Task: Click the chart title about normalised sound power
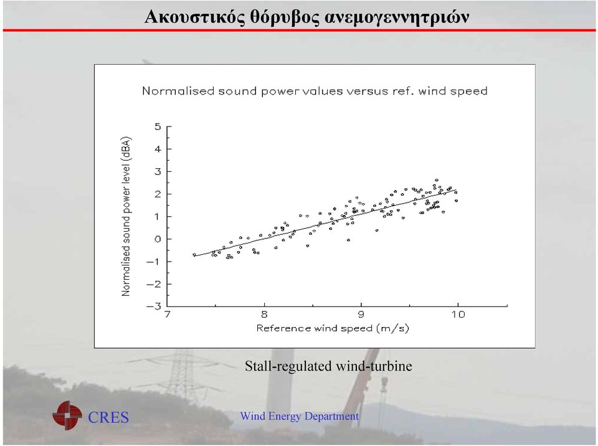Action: pos(315,91)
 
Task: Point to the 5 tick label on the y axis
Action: pos(158,126)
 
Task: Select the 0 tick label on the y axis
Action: pos(158,239)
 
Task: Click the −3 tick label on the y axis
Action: pos(154,306)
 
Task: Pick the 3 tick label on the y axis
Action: pos(158,172)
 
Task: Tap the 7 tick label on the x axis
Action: pos(168,315)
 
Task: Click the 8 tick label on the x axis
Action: pos(264,315)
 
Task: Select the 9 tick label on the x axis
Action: pos(361,315)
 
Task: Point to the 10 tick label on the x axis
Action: pos(458,315)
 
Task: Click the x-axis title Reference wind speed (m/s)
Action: pos(333,328)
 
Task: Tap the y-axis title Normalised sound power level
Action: pos(126,216)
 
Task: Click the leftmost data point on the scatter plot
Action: pos(194,255)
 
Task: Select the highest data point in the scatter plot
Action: pos(437,180)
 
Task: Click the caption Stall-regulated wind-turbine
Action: pos(328,366)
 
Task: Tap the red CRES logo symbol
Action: pos(67,415)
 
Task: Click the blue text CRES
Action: pos(108,417)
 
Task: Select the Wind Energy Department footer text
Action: pos(300,416)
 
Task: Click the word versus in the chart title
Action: pos(368,92)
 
